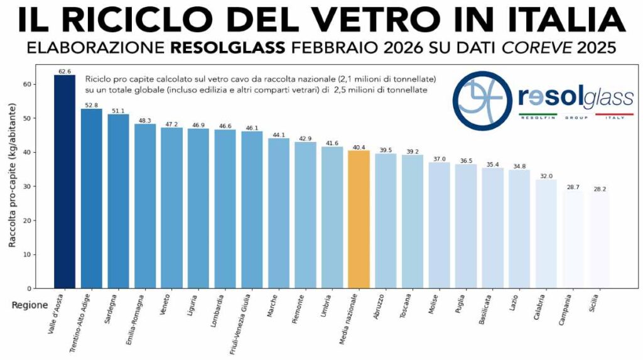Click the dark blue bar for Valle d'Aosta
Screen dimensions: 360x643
(x=65, y=182)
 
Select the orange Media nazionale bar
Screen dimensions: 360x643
(x=359, y=219)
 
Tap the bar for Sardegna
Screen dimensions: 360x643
(x=118, y=201)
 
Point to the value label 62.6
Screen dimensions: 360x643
(x=65, y=72)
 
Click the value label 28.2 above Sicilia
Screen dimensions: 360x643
(x=600, y=188)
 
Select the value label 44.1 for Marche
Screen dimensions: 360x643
(x=279, y=134)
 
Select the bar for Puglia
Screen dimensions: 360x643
(x=465, y=226)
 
